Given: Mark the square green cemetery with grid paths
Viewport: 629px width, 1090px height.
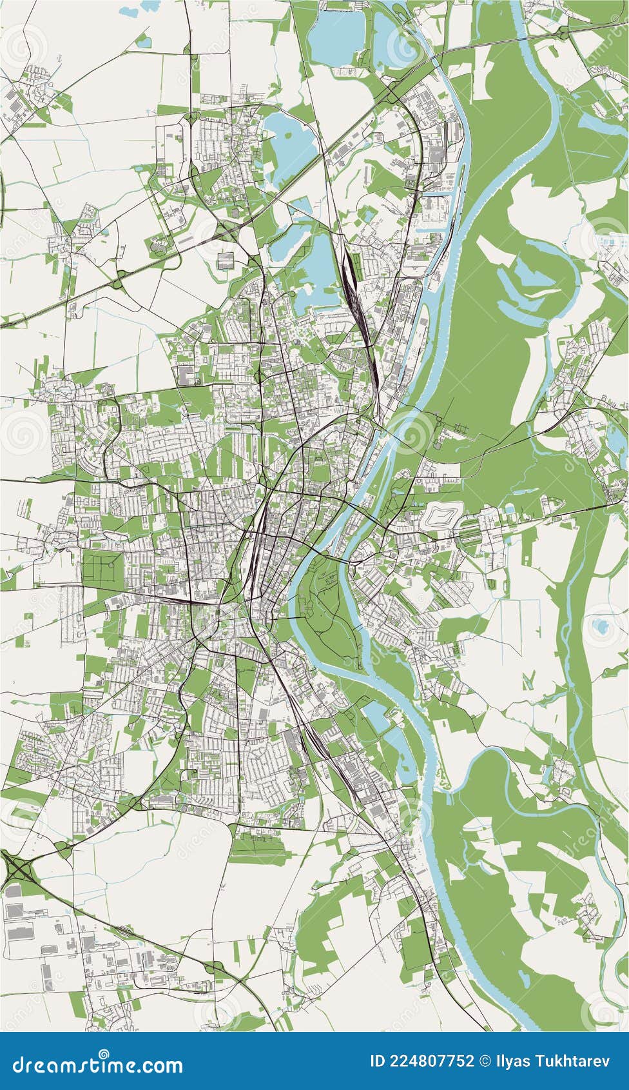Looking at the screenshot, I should tap(102, 568).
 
